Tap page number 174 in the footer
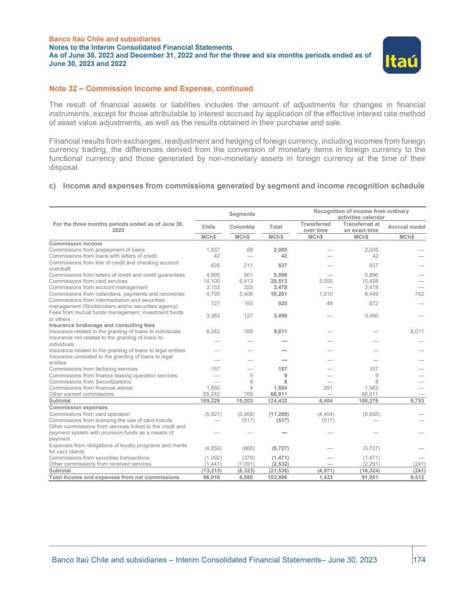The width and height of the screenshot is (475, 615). click(419, 560)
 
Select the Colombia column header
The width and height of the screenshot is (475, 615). click(241, 228)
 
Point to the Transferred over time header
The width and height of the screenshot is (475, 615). click(312, 228)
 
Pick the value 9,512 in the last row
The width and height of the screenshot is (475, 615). click(417, 477)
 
